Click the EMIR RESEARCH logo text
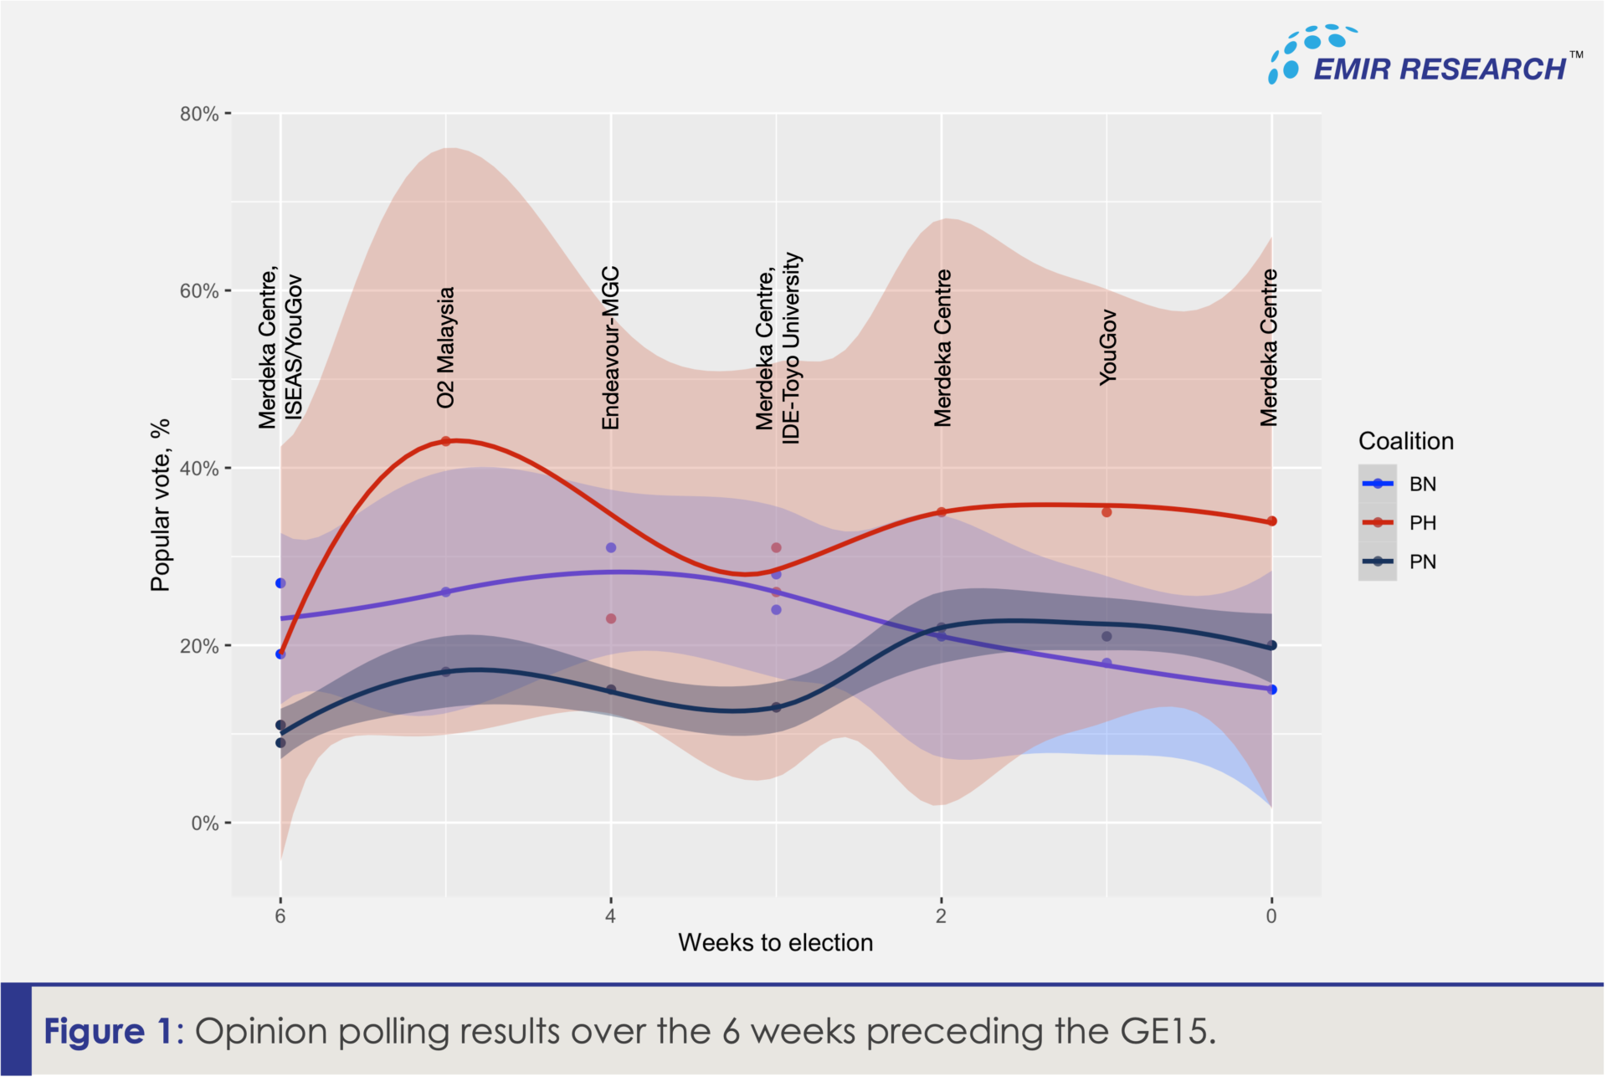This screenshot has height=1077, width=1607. tap(1439, 69)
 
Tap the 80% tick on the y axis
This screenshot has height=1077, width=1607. tap(199, 114)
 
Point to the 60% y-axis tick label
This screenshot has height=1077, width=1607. tap(199, 291)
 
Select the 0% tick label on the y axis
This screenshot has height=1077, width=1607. tap(204, 823)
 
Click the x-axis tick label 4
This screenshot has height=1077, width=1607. tap(610, 915)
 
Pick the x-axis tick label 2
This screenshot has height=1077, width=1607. tap(941, 915)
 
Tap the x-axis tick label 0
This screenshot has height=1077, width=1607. tap(1271, 915)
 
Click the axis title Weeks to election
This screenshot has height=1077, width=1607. tap(775, 943)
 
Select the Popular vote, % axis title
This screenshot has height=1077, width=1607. tap(160, 505)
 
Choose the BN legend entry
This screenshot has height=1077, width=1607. tap(1422, 484)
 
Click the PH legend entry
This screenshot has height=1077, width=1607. tap(1422, 523)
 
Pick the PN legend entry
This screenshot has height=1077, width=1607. tap(1422, 562)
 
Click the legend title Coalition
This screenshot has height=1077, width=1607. tap(1405, 441)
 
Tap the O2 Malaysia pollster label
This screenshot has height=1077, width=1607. tap(445, 347)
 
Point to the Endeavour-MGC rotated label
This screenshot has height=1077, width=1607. tap(611, 348)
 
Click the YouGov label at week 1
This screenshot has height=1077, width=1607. tap(1107, 347)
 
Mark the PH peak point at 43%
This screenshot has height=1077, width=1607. tap(445, 441)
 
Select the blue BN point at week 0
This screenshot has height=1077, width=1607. tap(1272, 690)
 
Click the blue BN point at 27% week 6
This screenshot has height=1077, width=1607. tap(280, 583)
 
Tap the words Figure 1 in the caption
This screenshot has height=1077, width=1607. tap(106, 1031)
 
